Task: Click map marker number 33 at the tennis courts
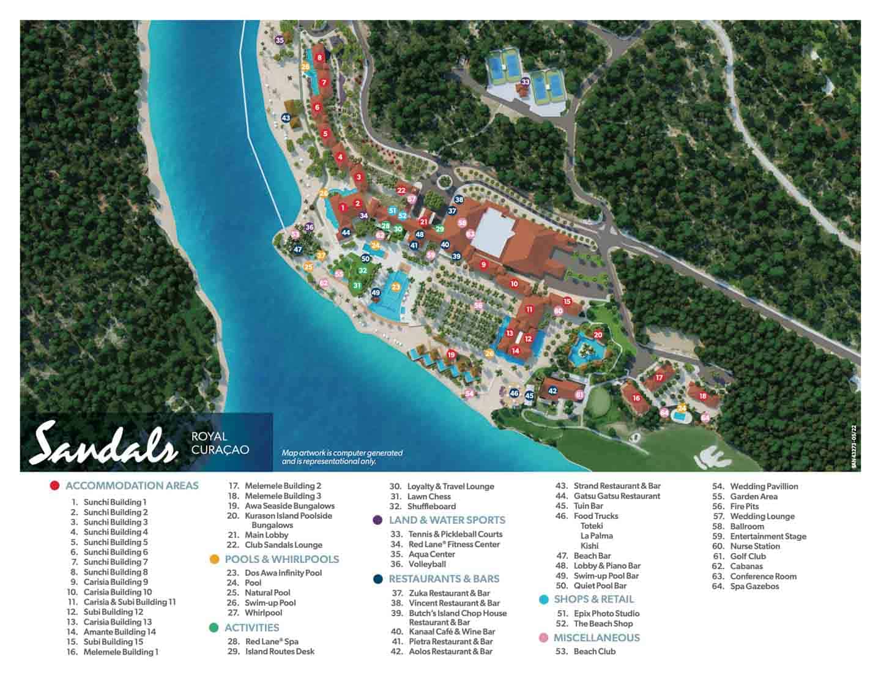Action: point(525,81)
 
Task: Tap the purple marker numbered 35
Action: point(280,40)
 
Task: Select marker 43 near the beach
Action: point(286,117)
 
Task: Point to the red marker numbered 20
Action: point(598,335)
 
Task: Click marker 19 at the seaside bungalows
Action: point(452,355)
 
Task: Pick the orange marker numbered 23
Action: point(396,287)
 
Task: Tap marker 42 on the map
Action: point(552,390)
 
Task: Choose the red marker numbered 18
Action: point(702,396)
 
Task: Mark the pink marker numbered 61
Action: point(579,395)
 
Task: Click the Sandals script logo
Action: point(104,443)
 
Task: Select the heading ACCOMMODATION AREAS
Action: point(132,486)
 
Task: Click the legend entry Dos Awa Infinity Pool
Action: point(283,573)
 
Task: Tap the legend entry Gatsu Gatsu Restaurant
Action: point(617,496)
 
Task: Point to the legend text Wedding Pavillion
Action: point(764,486)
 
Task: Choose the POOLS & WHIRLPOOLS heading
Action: point(281,559)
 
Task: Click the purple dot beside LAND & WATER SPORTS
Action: point(377,520)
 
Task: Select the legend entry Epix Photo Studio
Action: point(606,614)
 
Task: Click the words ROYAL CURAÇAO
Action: point(220,443)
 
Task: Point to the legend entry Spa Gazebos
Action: point(754,586)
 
